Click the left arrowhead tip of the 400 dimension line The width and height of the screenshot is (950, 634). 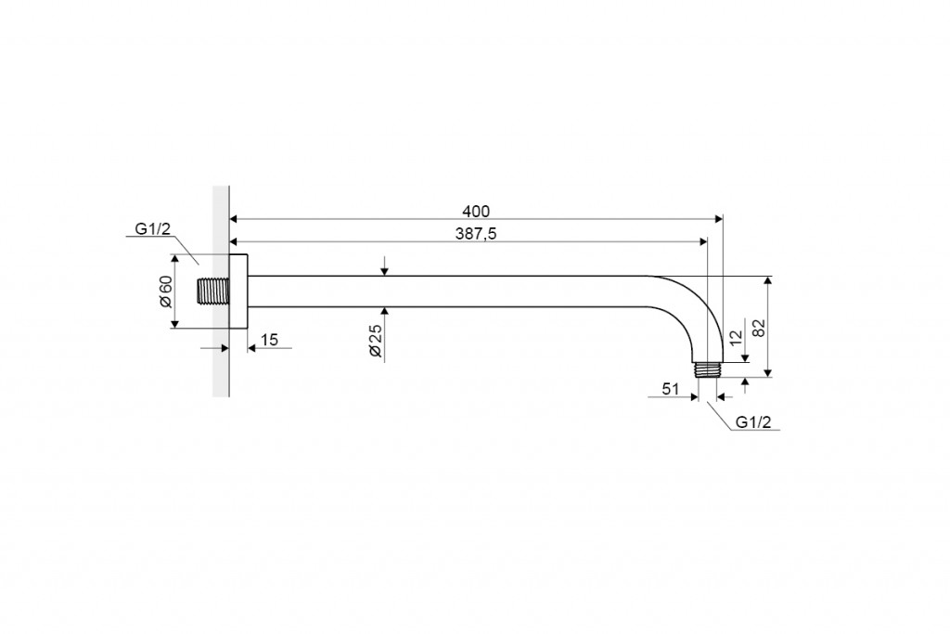tap(230, 219)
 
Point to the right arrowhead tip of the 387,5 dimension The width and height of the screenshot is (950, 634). tap(707, 241)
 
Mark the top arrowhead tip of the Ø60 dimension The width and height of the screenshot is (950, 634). tap(174, 254)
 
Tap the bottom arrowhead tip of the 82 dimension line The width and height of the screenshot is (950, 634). tap(767, 376)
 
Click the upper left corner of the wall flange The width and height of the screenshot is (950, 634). tap(230, 254)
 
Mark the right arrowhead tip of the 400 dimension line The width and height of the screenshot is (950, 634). tap(723, 219)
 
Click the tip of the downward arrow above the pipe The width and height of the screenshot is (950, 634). tap(384, 276)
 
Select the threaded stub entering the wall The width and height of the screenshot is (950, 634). tap(213, 291)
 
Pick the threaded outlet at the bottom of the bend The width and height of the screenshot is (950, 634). tap(707, 369)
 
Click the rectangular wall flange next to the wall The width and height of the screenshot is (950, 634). tap(238, 291)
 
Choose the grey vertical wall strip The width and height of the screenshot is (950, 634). tap(221, 291)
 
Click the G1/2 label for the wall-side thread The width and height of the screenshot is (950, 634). tap(153, 228)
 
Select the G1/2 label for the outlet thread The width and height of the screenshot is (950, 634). tap(753, 422)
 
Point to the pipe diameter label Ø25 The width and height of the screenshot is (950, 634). tap(376, 341)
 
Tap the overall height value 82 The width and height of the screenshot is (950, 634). tap(759, 328)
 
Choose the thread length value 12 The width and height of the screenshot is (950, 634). tap(736, 338)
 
